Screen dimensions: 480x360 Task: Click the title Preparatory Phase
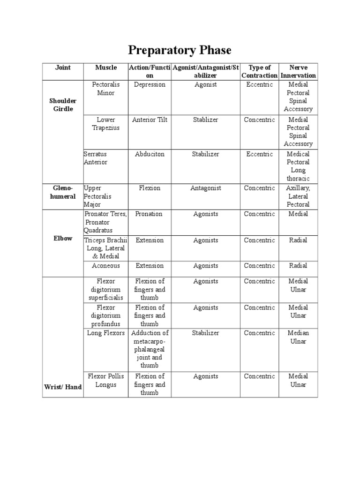pyautogui.click(x=180, y=50)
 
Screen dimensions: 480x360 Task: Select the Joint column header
pyautogui.click(x=63, y=67)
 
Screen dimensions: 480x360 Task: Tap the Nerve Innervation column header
pyautogui.click(x=298, y=71)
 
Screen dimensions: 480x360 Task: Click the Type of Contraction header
pyautogui.click(x=259, y=71)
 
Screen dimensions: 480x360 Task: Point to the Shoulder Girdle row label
pyautogui.click(x=63, y=105)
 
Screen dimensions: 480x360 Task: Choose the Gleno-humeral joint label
pyautogui.click(x=63, y=192)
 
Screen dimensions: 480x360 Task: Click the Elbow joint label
pyautogui.click(x=63, y=238)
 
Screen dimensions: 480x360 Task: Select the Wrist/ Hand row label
pyautogui.click(x=63, y=387)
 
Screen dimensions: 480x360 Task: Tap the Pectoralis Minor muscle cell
pyautogui.click(x=106, y=89)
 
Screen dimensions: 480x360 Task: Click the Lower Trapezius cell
pyautogui.click(x=106, y=123)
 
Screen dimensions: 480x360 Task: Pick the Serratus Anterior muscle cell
pyautogui.click(x=96, y=158)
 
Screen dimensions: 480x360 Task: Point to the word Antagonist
pyautogui.click(x=205, y=188)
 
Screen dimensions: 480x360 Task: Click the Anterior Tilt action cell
pyautogui.click(x=150, y=120)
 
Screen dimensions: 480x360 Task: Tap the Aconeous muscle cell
pyautogui.click(x=106, y=265)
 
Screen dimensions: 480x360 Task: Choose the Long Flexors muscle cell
pyautogui.click(x=106, y=333)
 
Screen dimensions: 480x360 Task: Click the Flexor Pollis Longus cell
pyautogui.click(x=106, y=380)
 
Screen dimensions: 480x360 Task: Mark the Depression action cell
pyautogui.click(x=150, y=84)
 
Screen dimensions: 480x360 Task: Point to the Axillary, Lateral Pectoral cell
pyautogui.click(x=298, y=196)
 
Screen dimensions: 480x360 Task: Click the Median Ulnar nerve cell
pyautogui.click(x=298, y=337)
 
